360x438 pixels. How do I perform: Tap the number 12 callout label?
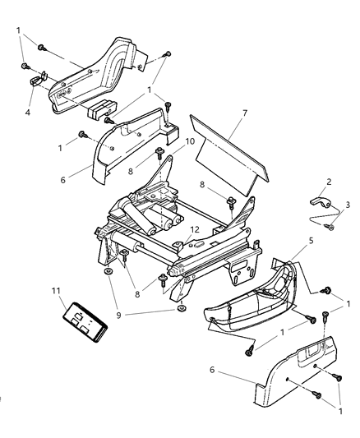pyautogui.click(x=196, y=229)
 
